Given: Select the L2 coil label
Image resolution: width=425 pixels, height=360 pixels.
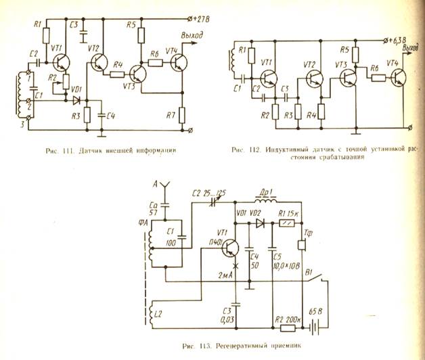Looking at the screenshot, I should pyautogui.click(x=158, y=314).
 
